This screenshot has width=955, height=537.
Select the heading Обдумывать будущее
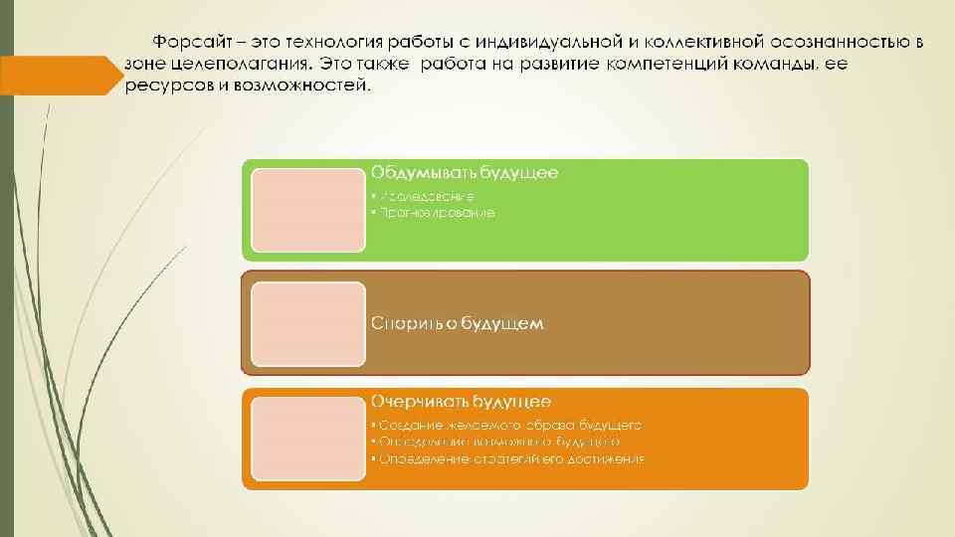click(x=465, y=173)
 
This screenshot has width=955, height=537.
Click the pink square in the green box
click(x=307, y=210)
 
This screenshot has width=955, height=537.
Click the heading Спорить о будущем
click(x=457, y=323)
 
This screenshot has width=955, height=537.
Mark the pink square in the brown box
click(x=307, y=324)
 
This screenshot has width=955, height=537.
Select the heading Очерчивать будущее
click(x=462, y=402)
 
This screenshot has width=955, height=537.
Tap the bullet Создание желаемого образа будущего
click(x=506, y=425)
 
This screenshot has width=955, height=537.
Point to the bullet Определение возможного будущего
click(x=495, y=442)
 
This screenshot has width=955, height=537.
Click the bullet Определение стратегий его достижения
click(x=507, y=458)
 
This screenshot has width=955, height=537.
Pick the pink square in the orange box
click(x=307, y=438)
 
